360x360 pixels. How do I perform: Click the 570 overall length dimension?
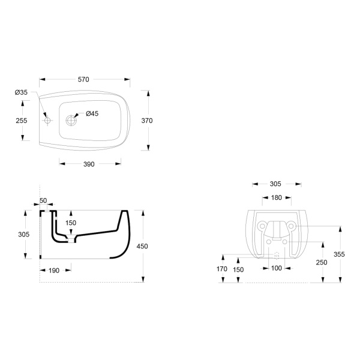(83, 79)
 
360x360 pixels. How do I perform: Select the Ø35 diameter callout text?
(21, 92)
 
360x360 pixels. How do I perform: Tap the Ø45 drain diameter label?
(92, 113)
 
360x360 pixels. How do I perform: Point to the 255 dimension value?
(22, 121)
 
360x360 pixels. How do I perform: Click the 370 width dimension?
(147, 121)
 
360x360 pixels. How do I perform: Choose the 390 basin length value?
(89, 164)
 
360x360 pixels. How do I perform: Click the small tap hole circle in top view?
(47, 121)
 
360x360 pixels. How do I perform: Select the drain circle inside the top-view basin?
(71, 121)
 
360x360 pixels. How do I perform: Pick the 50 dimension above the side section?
(43, 200)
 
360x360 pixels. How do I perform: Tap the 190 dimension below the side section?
(54, 271)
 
